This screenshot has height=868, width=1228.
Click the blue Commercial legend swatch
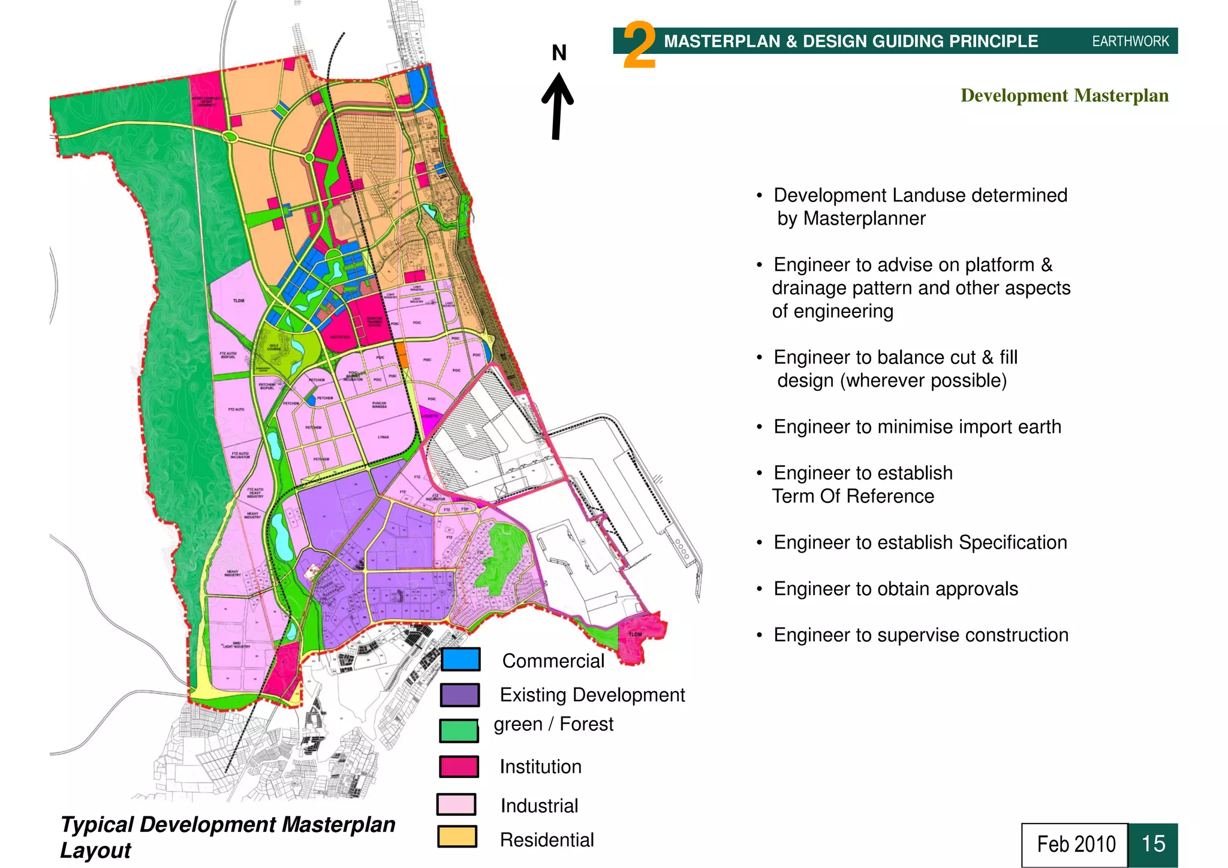coord(460,659)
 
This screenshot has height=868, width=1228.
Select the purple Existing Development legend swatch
coord(460,695)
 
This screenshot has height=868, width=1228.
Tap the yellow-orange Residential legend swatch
coord(457,837)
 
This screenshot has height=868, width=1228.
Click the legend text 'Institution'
coord(540,767)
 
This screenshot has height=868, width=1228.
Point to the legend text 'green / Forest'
coord(553,724)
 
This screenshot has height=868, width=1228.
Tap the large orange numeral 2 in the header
coord(639,46)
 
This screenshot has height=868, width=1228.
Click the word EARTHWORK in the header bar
coord(1130,41)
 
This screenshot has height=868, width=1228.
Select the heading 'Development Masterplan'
coord(1064,96)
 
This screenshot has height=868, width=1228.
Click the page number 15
coord(1152,844)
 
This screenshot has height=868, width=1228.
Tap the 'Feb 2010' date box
coord(1076,844)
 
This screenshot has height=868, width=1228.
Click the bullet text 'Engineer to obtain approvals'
coord(896,589)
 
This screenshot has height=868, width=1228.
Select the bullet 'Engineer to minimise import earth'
coord(917,427)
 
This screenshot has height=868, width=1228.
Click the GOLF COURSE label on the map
coord(274,348)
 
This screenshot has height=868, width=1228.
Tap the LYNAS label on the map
coord(383,437)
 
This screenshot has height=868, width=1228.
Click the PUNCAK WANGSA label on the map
coord(379,405)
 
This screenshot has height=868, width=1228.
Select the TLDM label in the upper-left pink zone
coord(239,300)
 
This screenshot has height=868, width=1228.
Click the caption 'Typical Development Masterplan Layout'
coord(227,837)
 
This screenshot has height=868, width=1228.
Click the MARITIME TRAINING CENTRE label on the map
coord(374,321)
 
